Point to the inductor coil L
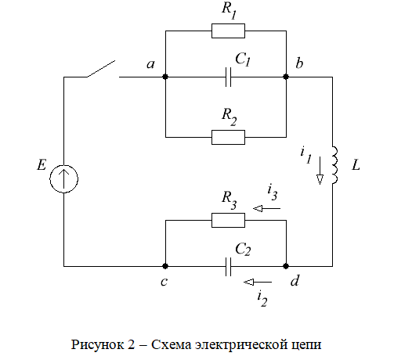pos(334,165)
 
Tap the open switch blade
pos(101,69)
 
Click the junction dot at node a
pos(165,77)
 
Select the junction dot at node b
pos(286,77)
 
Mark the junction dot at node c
pos(165,266)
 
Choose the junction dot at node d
pos(286,266)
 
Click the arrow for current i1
pos(320,171)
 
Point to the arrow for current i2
pos(258,282)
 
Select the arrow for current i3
pos(266,208)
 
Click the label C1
pos(243,59)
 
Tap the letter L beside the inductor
pos(356,165)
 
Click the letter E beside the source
pos(42,165)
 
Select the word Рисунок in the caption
pos(98,344)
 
